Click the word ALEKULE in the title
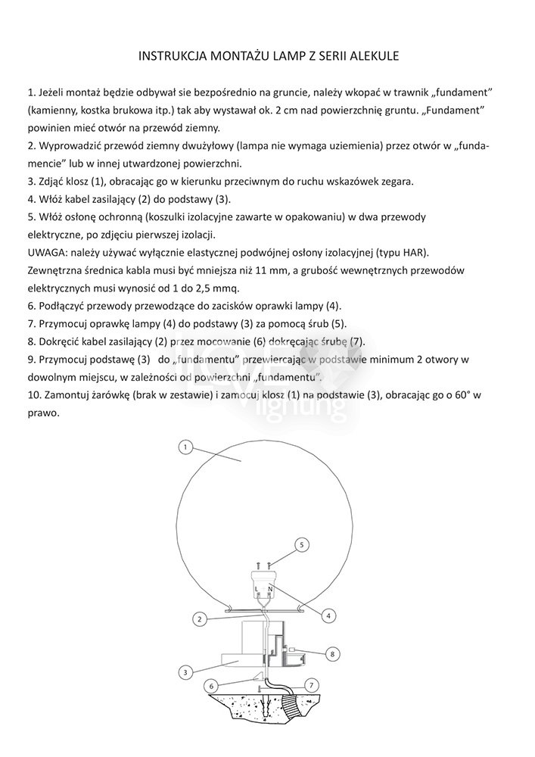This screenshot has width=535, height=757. point(369,56)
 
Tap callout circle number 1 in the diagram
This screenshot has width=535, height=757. point(185,447)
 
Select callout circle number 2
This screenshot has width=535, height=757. point(199,618)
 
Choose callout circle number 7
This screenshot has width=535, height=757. point(309,684)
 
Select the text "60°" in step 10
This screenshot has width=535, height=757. point(459,395)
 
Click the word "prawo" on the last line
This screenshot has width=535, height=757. point(42,413)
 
